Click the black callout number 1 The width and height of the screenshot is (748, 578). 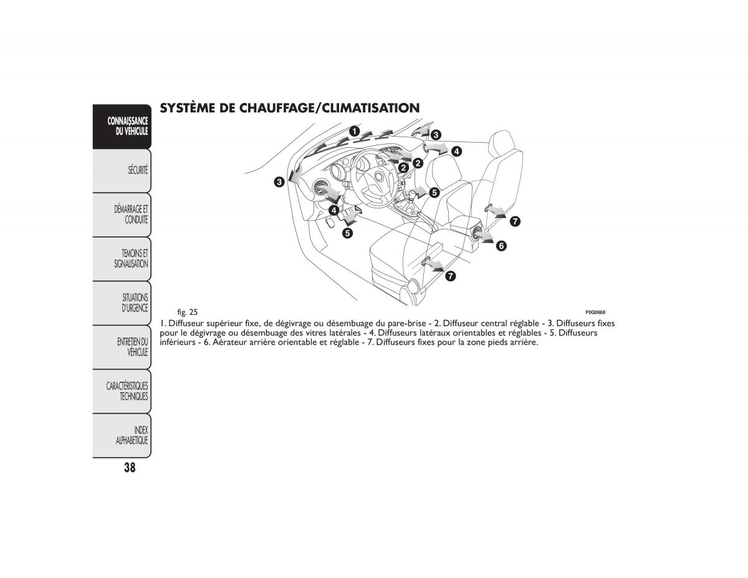point(353,131)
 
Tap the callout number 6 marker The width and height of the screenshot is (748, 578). point(501,246)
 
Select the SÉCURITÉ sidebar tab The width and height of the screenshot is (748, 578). point(122,170)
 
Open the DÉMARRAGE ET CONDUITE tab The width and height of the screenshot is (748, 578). point(122,214)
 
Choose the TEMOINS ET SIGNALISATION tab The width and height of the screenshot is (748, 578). point(122,259)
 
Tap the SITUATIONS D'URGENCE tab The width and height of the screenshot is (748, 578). point(122,303)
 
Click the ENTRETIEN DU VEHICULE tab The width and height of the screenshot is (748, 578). point(122,347)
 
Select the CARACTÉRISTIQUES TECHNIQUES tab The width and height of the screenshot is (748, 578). point(122,392)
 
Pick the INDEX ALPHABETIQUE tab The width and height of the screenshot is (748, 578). point(122,435)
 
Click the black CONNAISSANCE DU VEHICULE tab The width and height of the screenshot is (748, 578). point(122,126)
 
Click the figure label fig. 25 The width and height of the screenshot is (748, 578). point(187,312)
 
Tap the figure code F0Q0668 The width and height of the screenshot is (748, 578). point(595,312)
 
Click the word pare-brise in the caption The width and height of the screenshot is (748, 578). point(407,324)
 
